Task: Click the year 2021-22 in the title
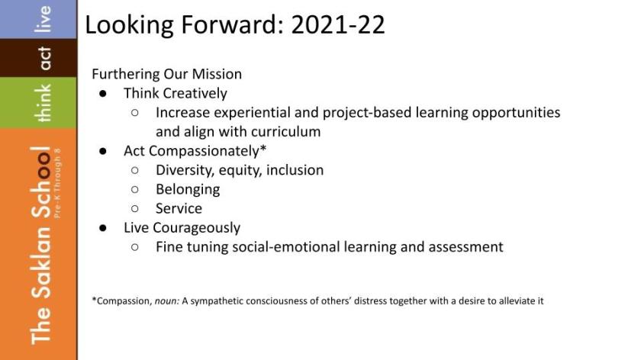(x=338, y=24)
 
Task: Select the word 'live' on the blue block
(x=43, y=19)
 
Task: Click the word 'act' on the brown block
(x=44, y=58)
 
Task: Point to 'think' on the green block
(x=43, y=103)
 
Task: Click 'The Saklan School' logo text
(x=41, y=245)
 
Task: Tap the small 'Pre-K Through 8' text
(x=57, y=183)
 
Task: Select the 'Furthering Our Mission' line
(x=167, y=74)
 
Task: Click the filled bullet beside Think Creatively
(x=102, y=94)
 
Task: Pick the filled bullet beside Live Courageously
(x=102, y=228)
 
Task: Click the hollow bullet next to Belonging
(x=135, y=189)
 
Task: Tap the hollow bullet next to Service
(x=135, y=208)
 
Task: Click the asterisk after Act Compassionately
(x=263, y=148)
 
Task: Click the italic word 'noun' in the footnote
(x=167, y=301)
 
